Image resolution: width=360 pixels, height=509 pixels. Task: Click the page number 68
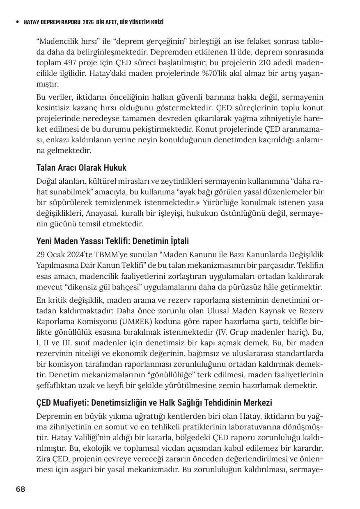21,489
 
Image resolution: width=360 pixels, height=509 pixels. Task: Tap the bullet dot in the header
16,22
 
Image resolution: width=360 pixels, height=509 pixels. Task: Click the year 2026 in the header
88,22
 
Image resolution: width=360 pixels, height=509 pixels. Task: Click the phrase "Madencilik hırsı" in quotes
67,42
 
